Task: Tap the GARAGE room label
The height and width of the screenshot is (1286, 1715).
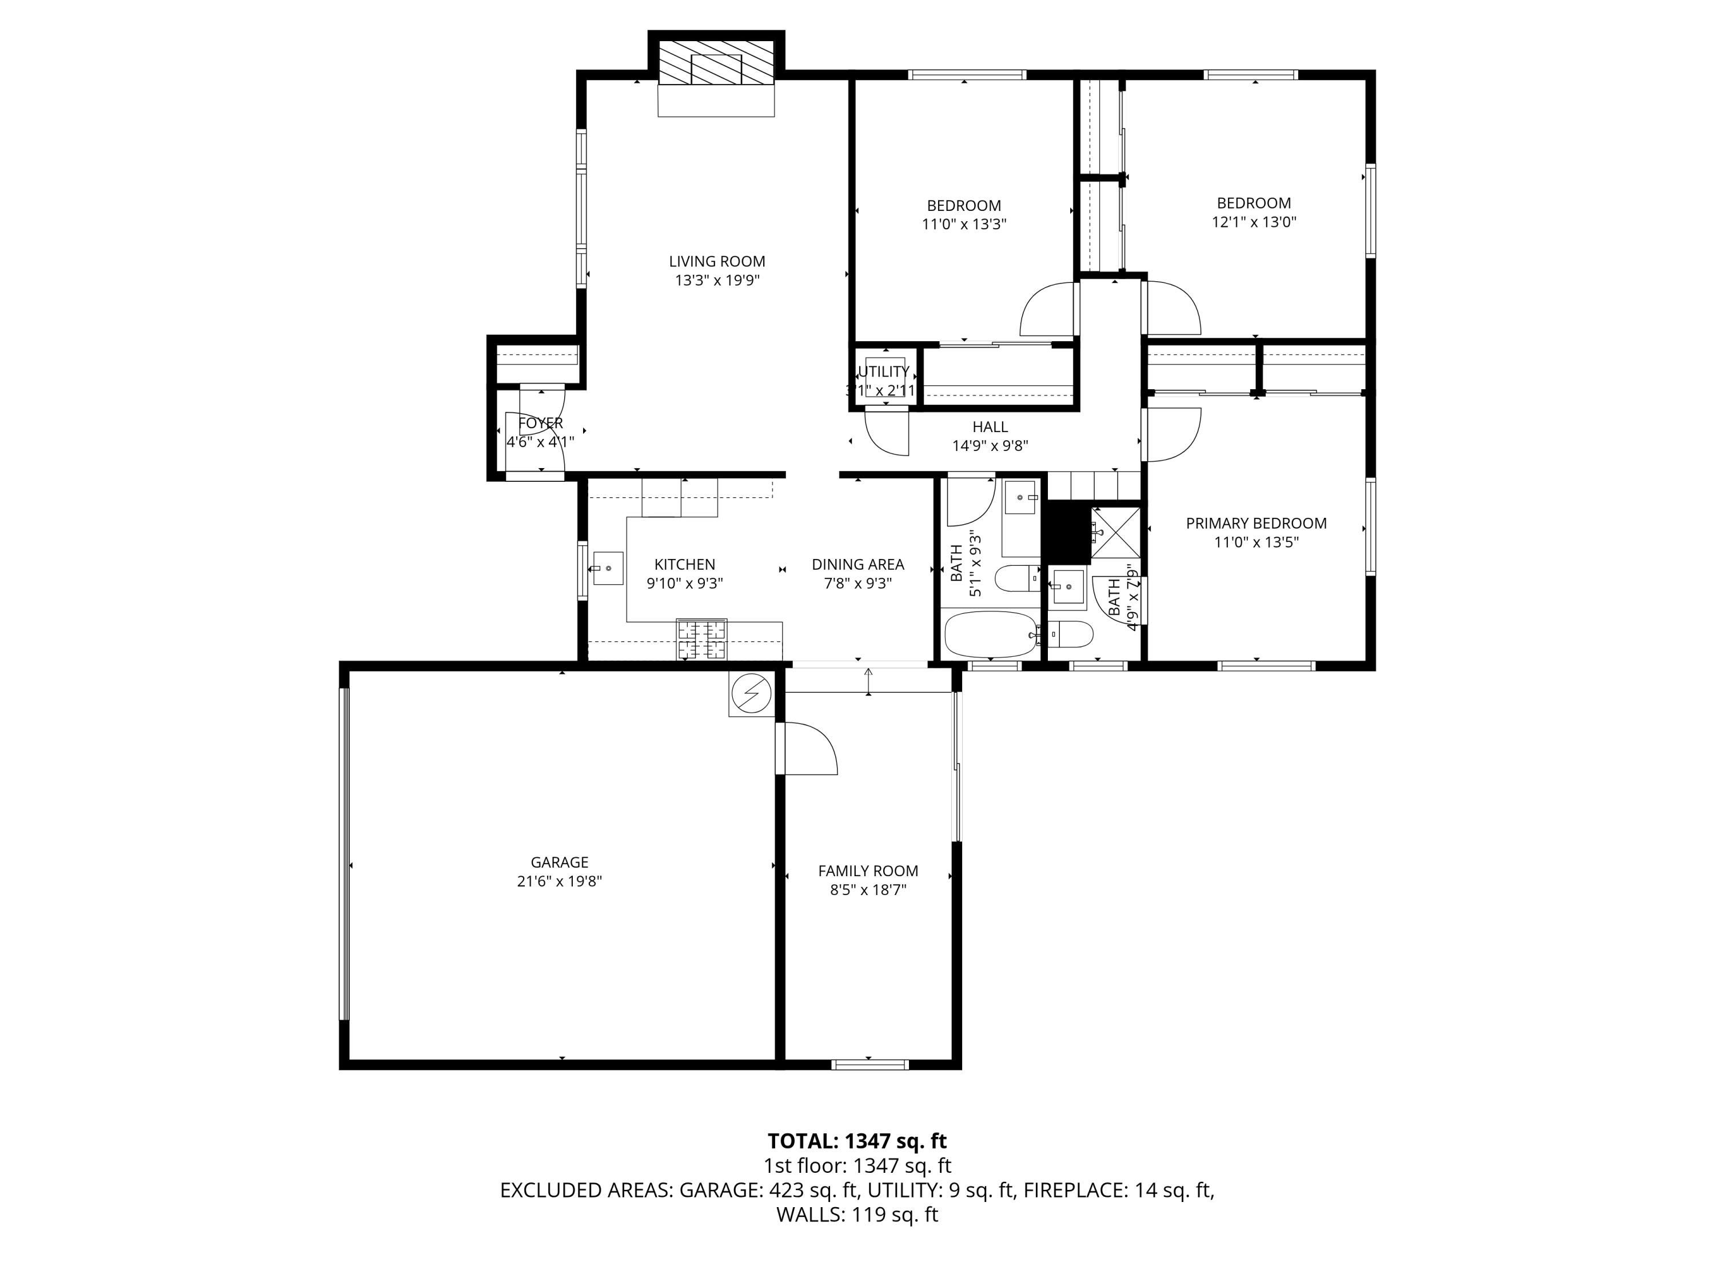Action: tap(559, 862)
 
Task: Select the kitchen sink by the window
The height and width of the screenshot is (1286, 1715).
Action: tap(608, 568)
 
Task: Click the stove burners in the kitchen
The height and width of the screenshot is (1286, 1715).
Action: tap(701, 639)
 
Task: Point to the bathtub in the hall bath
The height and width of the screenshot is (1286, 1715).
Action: tap(991, 634)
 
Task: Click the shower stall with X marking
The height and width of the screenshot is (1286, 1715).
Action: tap(1116, 533)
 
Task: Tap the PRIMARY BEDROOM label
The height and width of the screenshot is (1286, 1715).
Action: tap(1256, 523)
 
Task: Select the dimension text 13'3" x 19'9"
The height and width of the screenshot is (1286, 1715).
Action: tap(717, 281)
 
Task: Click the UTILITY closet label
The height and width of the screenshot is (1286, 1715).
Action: tap(883, 372)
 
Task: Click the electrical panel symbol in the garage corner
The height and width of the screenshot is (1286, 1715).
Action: tap(751, 692)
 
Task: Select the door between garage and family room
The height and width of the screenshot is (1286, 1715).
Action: tap(806, 748)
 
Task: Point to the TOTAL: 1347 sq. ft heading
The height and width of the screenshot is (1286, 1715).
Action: tap(857, 1141)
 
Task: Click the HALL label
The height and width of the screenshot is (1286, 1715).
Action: tap(990, 427)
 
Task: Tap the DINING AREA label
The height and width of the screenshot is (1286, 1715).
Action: tap(857, 564)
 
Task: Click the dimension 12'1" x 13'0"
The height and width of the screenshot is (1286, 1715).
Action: tap(1254, 222)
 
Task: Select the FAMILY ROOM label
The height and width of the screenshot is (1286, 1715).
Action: tap(868, 871)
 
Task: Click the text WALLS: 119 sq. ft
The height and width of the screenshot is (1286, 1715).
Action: tap(857, 1215)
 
